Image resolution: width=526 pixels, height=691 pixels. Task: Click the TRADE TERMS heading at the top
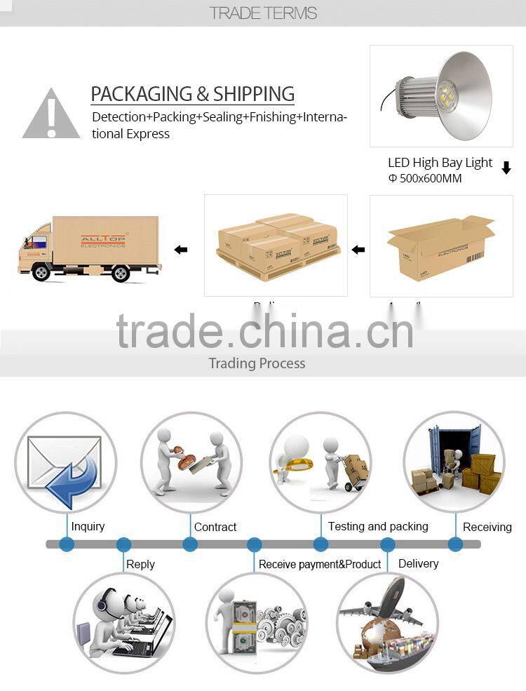[263, 13]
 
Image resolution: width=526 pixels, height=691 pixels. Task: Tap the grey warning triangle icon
[50, 114]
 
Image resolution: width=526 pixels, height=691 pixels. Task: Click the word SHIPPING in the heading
[254, 94]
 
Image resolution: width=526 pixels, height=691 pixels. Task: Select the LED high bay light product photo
[441, 96]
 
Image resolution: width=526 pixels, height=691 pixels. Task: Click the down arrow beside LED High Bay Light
[506, 168]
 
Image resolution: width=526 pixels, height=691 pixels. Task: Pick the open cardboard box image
[441, 247]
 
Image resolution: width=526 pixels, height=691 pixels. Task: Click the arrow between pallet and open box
[358, 250]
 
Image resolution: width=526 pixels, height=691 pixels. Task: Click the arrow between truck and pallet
[181, 250]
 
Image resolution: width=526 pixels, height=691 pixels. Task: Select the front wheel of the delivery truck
[42, 272]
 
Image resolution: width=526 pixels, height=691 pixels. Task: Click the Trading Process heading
[257, 363]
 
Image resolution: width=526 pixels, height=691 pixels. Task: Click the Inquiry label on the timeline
[88, 526]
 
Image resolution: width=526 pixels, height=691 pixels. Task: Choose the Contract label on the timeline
[215, 527]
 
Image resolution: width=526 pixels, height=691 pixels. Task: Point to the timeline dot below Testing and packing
[321, 544]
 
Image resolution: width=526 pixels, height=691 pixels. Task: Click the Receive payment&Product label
[320, 564]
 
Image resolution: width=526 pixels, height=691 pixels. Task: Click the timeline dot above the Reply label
[124, 544]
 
